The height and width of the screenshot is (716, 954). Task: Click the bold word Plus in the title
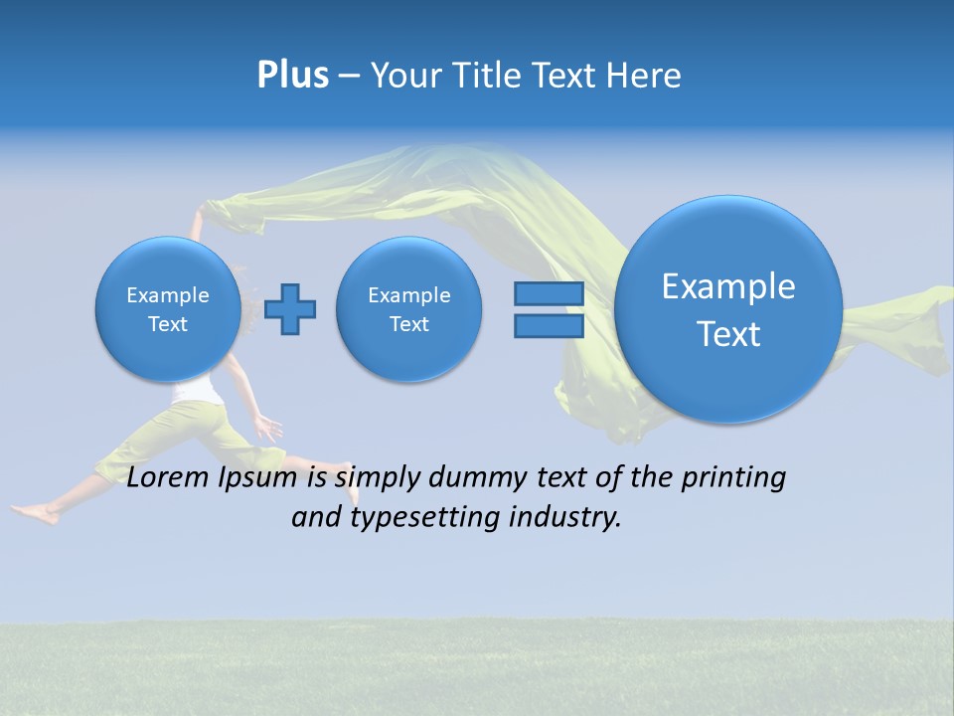click(292, 76)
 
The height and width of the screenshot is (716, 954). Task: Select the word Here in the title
click(644, 76)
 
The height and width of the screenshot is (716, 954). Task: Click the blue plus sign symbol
click(290, 309)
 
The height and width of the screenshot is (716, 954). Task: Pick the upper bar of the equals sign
click(549, 294)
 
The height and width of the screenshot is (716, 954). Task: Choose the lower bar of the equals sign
click(549, 326)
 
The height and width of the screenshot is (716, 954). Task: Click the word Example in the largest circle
click(728, 286)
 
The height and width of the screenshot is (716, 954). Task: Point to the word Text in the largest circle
click(728, 334)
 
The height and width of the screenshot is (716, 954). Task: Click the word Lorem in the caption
click(169, 478)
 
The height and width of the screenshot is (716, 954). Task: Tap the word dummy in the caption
click(470, 478)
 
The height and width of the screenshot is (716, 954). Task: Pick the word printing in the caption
click(732, 478)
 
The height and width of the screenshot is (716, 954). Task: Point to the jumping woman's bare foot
click(34, 513)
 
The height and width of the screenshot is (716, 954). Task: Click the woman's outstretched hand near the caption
click(268, 429)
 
